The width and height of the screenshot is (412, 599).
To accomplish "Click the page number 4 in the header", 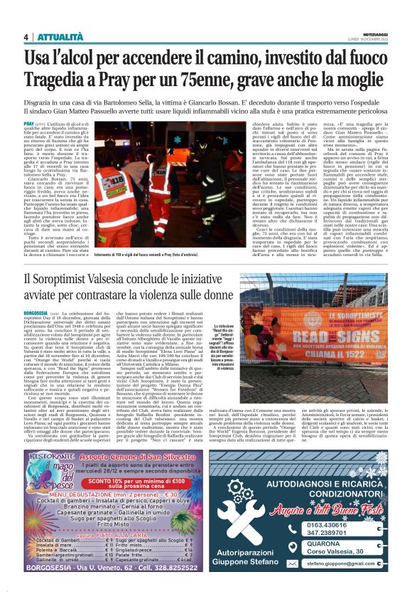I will point(26,37).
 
